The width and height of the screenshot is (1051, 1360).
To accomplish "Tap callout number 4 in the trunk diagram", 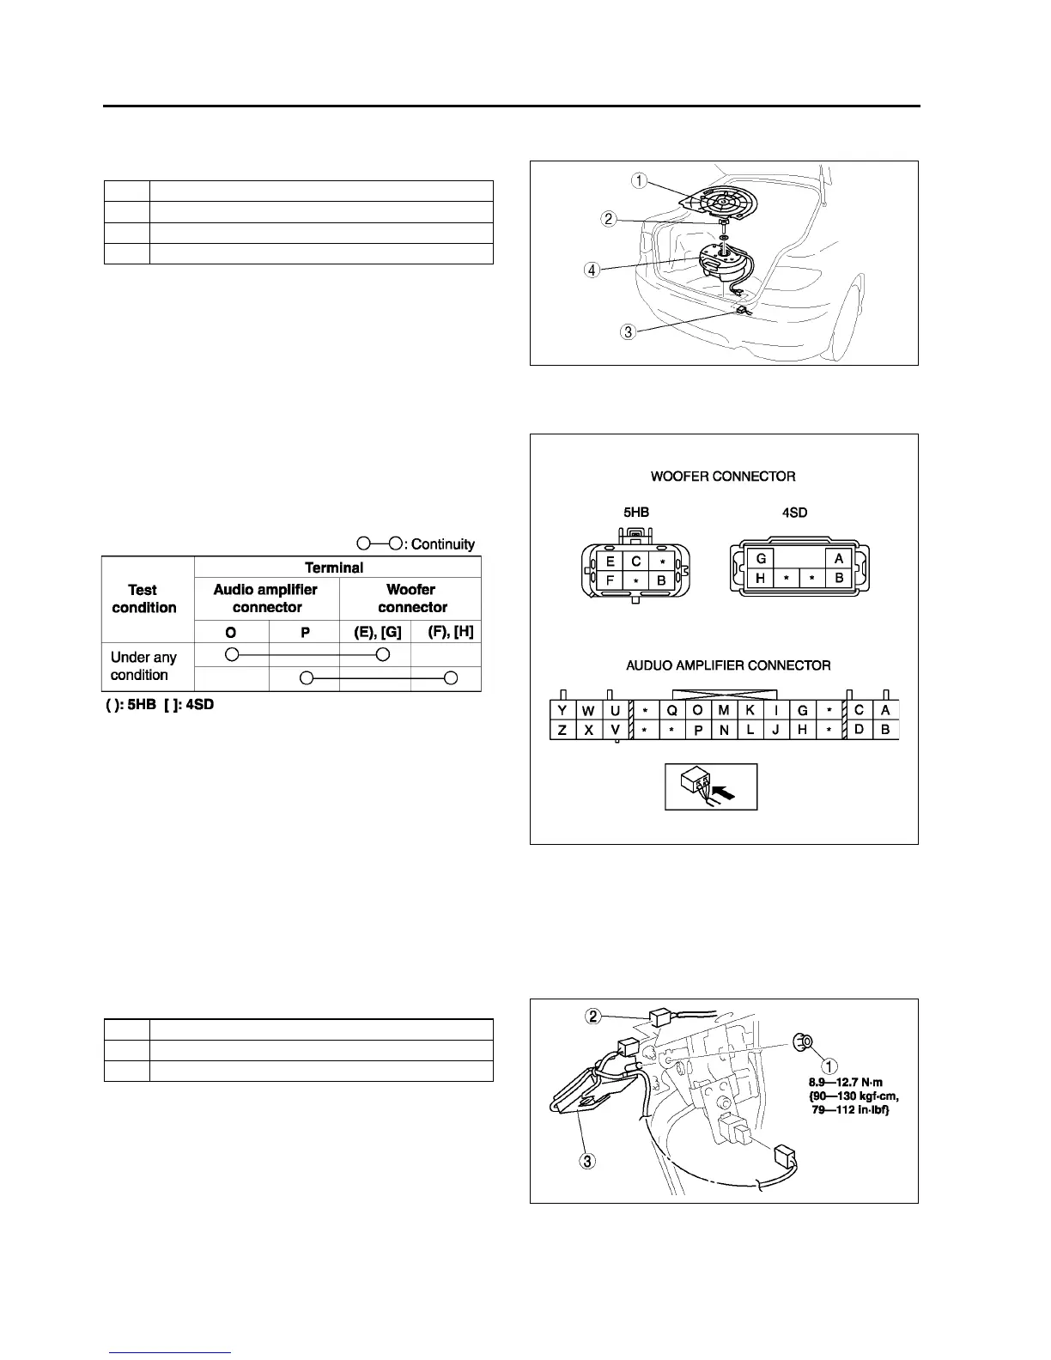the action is pos(592,269).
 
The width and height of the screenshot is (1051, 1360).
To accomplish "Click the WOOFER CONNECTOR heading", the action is pos(722,476).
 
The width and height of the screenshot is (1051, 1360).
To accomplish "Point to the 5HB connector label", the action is pos(635,513).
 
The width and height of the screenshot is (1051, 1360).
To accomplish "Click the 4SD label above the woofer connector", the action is pos(795,513).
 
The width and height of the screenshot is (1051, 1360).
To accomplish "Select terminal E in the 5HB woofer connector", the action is pos(610,562).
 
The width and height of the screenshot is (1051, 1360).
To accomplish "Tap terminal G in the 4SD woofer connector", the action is pos(761,558).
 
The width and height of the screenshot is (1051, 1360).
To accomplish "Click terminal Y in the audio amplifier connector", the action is pos(562,710).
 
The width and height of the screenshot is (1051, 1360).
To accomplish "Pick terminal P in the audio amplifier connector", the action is pos(698,730).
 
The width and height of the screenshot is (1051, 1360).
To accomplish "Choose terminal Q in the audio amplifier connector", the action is pos(672,710).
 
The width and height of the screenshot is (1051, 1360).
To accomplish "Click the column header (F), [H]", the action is pos(450,632).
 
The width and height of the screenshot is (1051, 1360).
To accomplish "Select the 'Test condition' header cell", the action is pos(144,598).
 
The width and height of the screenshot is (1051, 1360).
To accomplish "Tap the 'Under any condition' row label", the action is pos(143,666).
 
